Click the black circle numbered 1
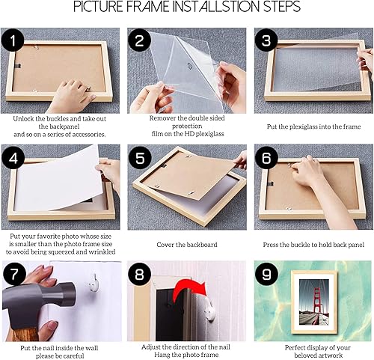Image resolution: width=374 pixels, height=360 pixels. coord(13,40)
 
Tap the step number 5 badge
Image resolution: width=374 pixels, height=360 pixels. coord(140,158)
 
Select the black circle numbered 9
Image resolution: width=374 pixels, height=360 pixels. coord(266,274)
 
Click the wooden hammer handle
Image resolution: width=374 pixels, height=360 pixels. coord(25,334)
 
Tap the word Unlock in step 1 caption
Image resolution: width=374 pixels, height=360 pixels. coord(22,119)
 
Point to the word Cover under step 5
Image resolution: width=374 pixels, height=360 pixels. coord(164,245)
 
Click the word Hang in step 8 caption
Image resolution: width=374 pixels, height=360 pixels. coord(161,355)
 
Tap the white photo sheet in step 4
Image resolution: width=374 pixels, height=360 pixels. coord(58,178)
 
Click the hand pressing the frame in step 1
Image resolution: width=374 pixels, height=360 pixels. coord(71,96)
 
